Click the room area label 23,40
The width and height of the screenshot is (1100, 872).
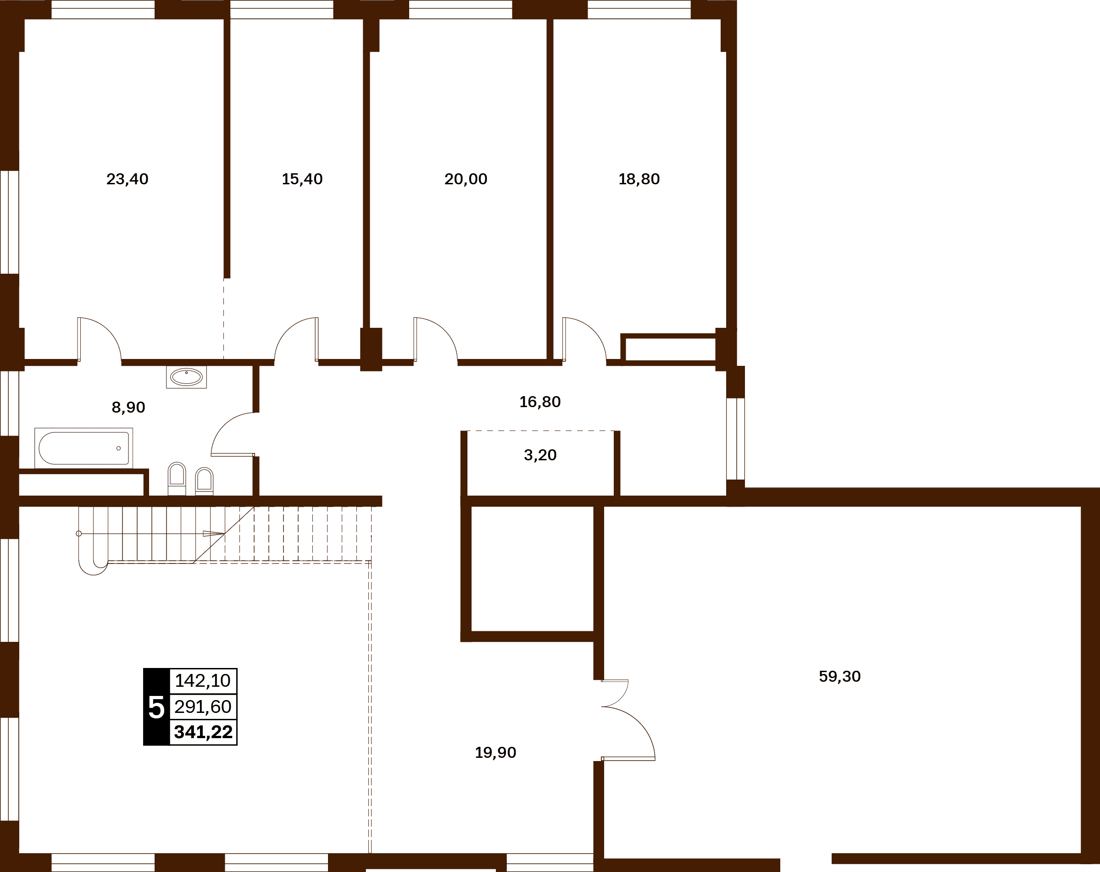(127, 179)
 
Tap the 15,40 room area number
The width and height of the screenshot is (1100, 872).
(302, 179)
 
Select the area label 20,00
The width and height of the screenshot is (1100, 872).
(466, 179)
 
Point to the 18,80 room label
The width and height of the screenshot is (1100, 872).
(639, 179)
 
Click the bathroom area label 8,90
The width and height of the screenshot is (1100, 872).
(128, 407)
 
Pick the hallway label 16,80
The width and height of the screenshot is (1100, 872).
(540, 402)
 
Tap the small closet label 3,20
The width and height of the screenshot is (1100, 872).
(540, 455)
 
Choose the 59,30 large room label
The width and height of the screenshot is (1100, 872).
(839, 676)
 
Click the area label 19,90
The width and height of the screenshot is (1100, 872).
(495, 753)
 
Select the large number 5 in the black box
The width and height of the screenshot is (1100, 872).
(156, 707)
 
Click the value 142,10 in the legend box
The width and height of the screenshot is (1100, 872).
(203, 680)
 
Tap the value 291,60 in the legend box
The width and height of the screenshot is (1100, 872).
(203, 707)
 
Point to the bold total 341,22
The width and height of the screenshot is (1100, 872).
(203, 732)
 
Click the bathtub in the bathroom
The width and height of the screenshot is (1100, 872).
(83, 448)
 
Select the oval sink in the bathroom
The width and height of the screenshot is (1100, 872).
(186, 377)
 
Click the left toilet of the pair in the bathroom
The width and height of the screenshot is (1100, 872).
(177, 478)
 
